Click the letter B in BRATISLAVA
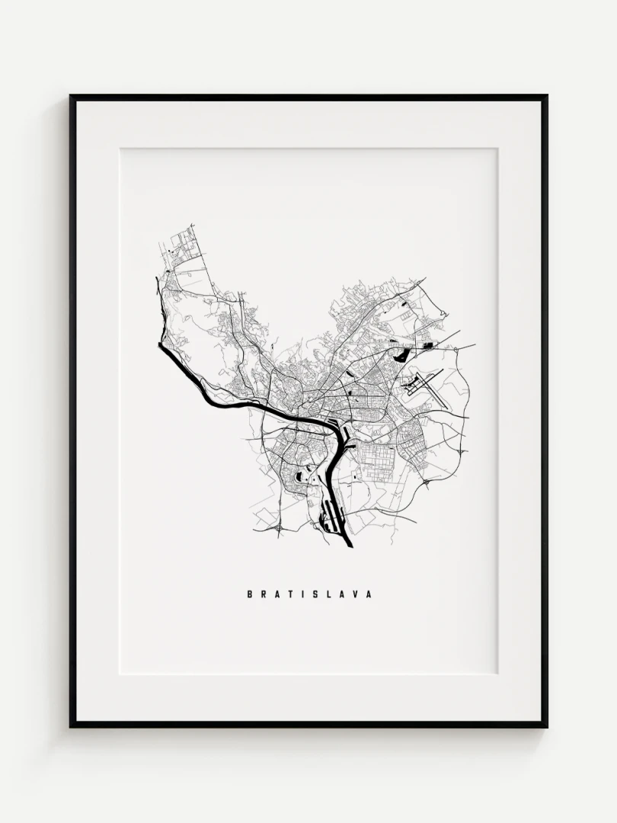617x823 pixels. coord(250,594)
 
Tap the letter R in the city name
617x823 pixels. coord(264,594)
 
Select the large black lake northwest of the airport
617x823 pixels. coord(400,353)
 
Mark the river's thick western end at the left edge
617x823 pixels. coord(162,347)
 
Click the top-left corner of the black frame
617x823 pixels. coord(72,97)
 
